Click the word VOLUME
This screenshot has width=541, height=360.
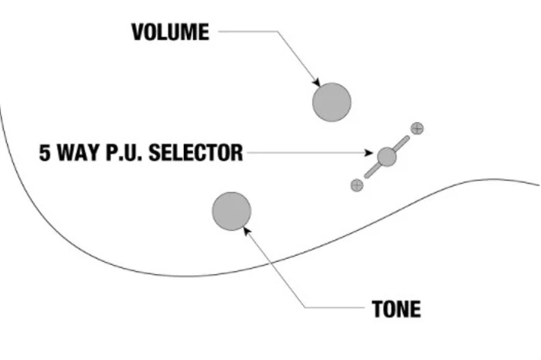[x=171, y=32]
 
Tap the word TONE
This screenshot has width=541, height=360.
[x=396, y=308]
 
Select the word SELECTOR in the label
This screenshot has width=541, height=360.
[x=196, y=153]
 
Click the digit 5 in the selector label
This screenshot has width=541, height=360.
[x=45, y=153]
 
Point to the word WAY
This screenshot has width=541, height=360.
[x=78, y=153]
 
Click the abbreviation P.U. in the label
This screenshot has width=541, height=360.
[x=124, y=153]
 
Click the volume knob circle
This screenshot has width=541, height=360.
[x=332, y=102]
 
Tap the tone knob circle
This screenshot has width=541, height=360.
[x=232, y=212]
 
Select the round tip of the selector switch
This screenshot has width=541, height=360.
[x=386, y=157]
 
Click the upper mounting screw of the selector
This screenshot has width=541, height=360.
[x=417, y=128]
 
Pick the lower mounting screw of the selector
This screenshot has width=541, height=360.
[x=357, y=185]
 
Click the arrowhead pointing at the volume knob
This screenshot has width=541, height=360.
[x=317, y=83]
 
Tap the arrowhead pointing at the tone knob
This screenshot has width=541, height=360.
[x=247, y=232]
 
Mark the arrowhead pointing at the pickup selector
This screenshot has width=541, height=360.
[x=369, y=152]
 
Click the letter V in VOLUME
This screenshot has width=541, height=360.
[x=138, y=32]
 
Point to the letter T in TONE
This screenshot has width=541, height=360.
[x=377, y=308]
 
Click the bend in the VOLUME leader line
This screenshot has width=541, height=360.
[x=277, y=32]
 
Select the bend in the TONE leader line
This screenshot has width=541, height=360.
[x=305, y=307]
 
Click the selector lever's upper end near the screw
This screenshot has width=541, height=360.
[x=407, y=138]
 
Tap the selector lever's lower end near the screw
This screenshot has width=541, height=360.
[x=367, y=176]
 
